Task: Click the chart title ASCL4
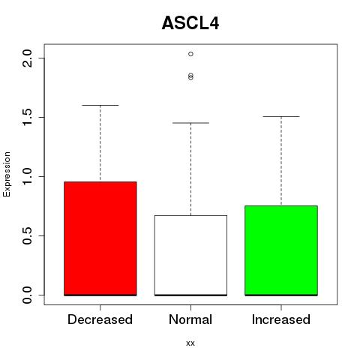[190, 23]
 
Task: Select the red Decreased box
[100, 238]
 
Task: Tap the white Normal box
[190, 255]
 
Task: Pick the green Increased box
[281, 250]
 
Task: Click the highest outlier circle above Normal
[190, 54]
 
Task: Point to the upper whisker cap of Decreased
[100, 105]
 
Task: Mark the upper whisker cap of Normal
[190, 123]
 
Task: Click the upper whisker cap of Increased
[281, 116]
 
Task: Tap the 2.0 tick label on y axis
[27, 58]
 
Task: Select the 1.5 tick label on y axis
[27, 117]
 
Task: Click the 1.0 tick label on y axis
[27, 176]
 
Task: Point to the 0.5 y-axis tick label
[27, 235]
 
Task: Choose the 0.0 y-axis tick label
[27, 295]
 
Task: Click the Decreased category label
[100, 319]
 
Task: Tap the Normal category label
[190, 319]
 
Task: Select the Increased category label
[281, 319]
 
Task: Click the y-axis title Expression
[7, 174]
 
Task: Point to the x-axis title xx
[190, 343]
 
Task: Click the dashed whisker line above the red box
[100, 143]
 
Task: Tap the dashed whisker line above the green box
[281, 161]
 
